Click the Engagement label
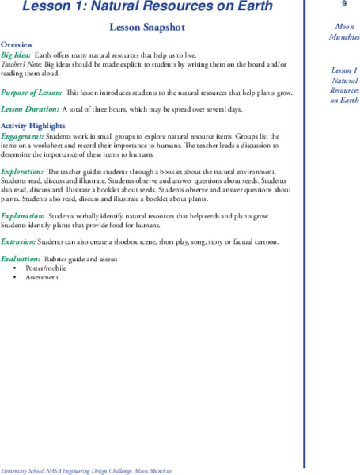(22, 135)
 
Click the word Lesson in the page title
(47, 7)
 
